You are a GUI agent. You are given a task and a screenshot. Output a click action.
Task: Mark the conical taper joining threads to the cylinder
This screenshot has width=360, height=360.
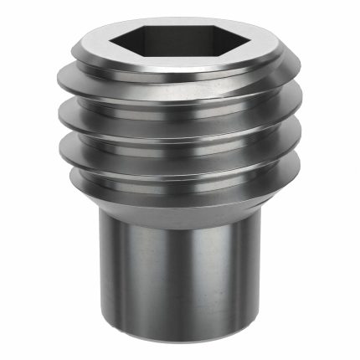coord(180,205)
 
